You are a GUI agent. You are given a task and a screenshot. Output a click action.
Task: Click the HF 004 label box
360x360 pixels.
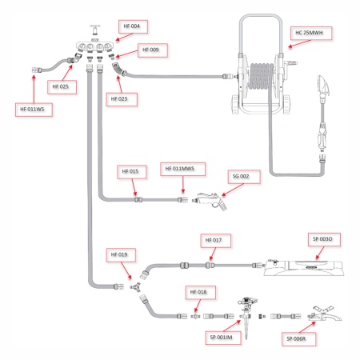pyautogui.click(x=130, y=26)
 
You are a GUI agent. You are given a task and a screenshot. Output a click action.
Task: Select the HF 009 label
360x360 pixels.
pyautogui.click(x=150, y=50)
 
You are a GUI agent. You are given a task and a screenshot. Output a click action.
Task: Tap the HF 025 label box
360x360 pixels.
pyautogui.click(x=61, y=86)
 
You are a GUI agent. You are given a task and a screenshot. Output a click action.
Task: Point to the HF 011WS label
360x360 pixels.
pyautogui.click(x=31, y=107)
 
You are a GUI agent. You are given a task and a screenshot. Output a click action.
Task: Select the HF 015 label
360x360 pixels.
pyautogui.click(x=130, y=171)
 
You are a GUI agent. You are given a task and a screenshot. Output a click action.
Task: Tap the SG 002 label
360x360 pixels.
pyautogui.click(x=240, y=175)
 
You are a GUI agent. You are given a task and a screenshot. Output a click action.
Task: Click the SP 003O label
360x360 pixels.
pyautogui.click(x=325, y=239)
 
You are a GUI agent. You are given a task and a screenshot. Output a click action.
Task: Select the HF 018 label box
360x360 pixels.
pyautogui.click(x=197, y=292)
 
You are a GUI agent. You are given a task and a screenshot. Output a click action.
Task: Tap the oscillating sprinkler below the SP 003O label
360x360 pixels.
pyautogui.click(x=304, y=266)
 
